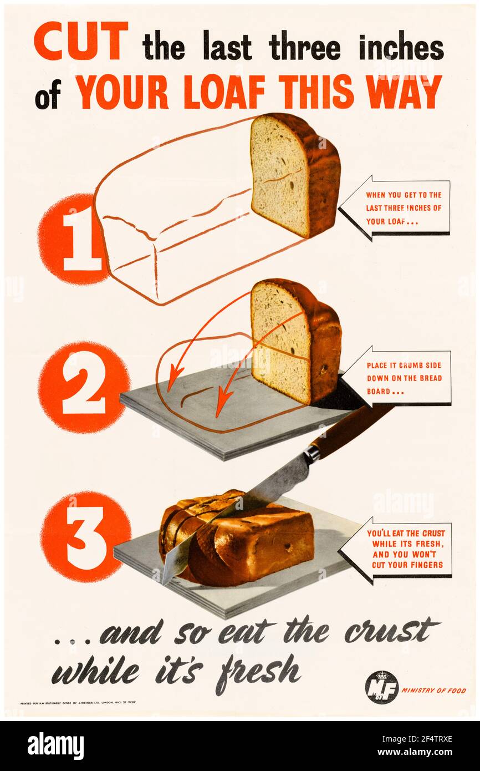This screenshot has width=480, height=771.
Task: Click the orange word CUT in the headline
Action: click(x=81, y=42)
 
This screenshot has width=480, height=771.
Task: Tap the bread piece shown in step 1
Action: click(x=294, y=175)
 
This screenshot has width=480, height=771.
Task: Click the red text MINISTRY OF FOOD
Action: click(x=434, y=691)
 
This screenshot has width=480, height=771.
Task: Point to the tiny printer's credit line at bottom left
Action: click(x=78, y=702)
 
